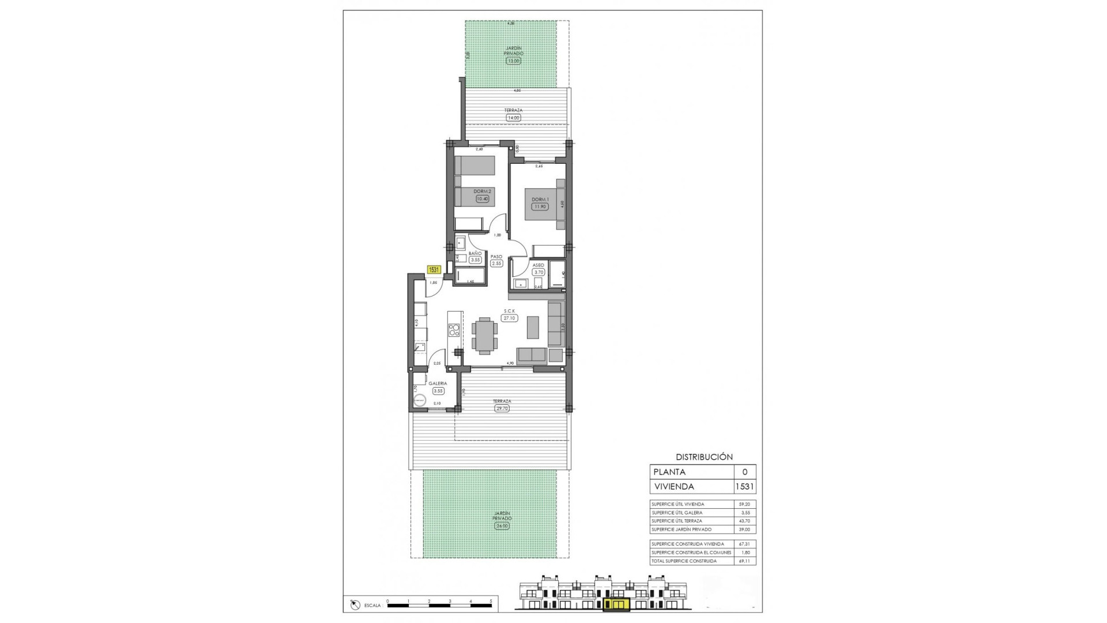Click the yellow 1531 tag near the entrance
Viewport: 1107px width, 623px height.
434,269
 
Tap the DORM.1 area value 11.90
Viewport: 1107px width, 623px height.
540,206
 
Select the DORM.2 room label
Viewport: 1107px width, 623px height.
481,192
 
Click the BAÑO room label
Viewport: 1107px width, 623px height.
475,253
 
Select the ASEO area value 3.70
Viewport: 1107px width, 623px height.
539,272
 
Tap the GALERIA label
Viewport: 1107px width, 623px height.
438,383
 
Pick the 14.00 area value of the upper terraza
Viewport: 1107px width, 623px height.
513,118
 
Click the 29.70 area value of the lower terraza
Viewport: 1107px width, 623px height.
502,408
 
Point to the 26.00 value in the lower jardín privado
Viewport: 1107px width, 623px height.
502,526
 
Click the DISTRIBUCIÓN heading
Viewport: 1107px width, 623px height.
704,457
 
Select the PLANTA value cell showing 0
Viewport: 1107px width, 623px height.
744,472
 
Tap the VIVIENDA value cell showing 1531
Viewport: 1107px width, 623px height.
744,487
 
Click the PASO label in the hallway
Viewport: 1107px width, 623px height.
496,257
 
